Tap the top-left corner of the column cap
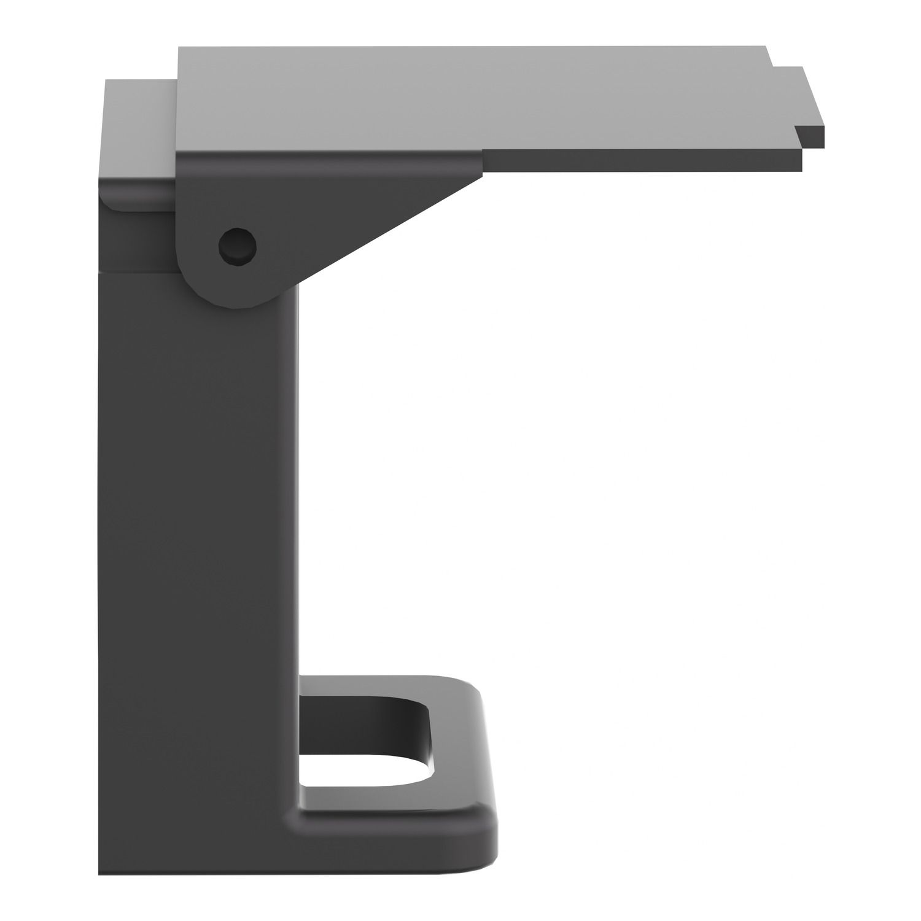[x=106, y=80]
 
